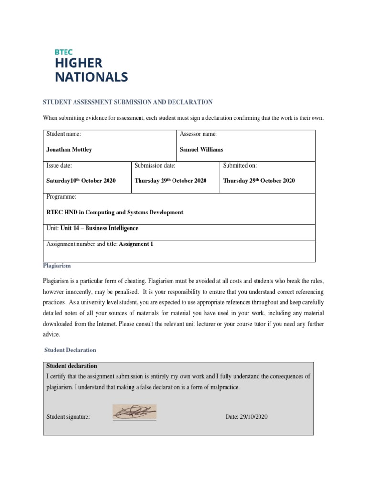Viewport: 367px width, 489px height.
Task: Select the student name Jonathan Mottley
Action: [x=69, y=149]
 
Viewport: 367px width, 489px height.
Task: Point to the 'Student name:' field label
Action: [x=64, y=134]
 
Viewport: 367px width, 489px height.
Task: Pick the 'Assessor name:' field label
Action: [x=198, y=134]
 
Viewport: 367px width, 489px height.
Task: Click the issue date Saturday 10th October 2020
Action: [x=81, y=181]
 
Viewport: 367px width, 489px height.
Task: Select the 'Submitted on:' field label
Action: [x=240, y=165]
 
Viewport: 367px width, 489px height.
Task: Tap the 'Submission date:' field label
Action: [x=155, y=165]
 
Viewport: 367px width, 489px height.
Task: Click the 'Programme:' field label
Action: [x=61, y=197]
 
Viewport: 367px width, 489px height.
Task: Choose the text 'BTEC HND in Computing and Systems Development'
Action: [x=115, y=212]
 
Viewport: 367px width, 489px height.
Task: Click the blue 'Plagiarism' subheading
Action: [x=57, y=266]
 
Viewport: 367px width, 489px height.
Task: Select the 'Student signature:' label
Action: [x=68, y=417]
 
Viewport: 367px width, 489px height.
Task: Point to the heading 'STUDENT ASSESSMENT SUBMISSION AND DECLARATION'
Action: [x=128, y=102]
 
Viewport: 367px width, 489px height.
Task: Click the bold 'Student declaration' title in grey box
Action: [x=72, y=366]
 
